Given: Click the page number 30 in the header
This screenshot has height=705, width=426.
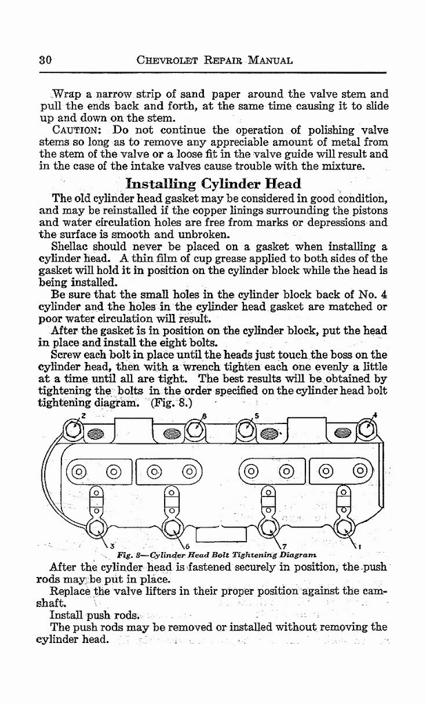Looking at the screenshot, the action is tap(46, 60).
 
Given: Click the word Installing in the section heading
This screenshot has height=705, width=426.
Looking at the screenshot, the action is tap(161, 183).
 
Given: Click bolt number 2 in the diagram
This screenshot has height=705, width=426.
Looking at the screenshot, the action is tap(74, 432).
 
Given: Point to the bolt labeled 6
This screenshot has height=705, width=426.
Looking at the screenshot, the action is tap(171, 528).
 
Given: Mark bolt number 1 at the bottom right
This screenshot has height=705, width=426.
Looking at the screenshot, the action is tap(343, 528).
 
